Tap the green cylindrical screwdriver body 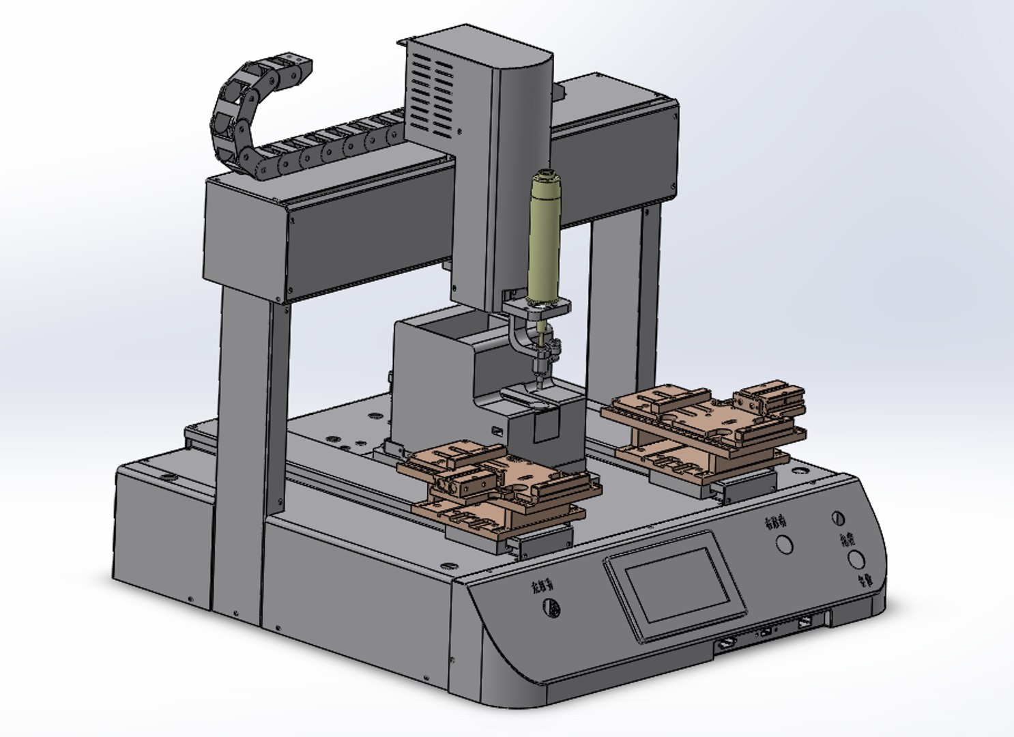[544, 239]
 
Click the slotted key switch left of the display [552, 609]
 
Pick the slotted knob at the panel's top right [839, 518]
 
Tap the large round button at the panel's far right [856, 560]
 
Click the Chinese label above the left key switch [544, 587]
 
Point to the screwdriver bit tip [539, 386]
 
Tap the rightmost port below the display [805, 622]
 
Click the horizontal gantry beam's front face [368, 246]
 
